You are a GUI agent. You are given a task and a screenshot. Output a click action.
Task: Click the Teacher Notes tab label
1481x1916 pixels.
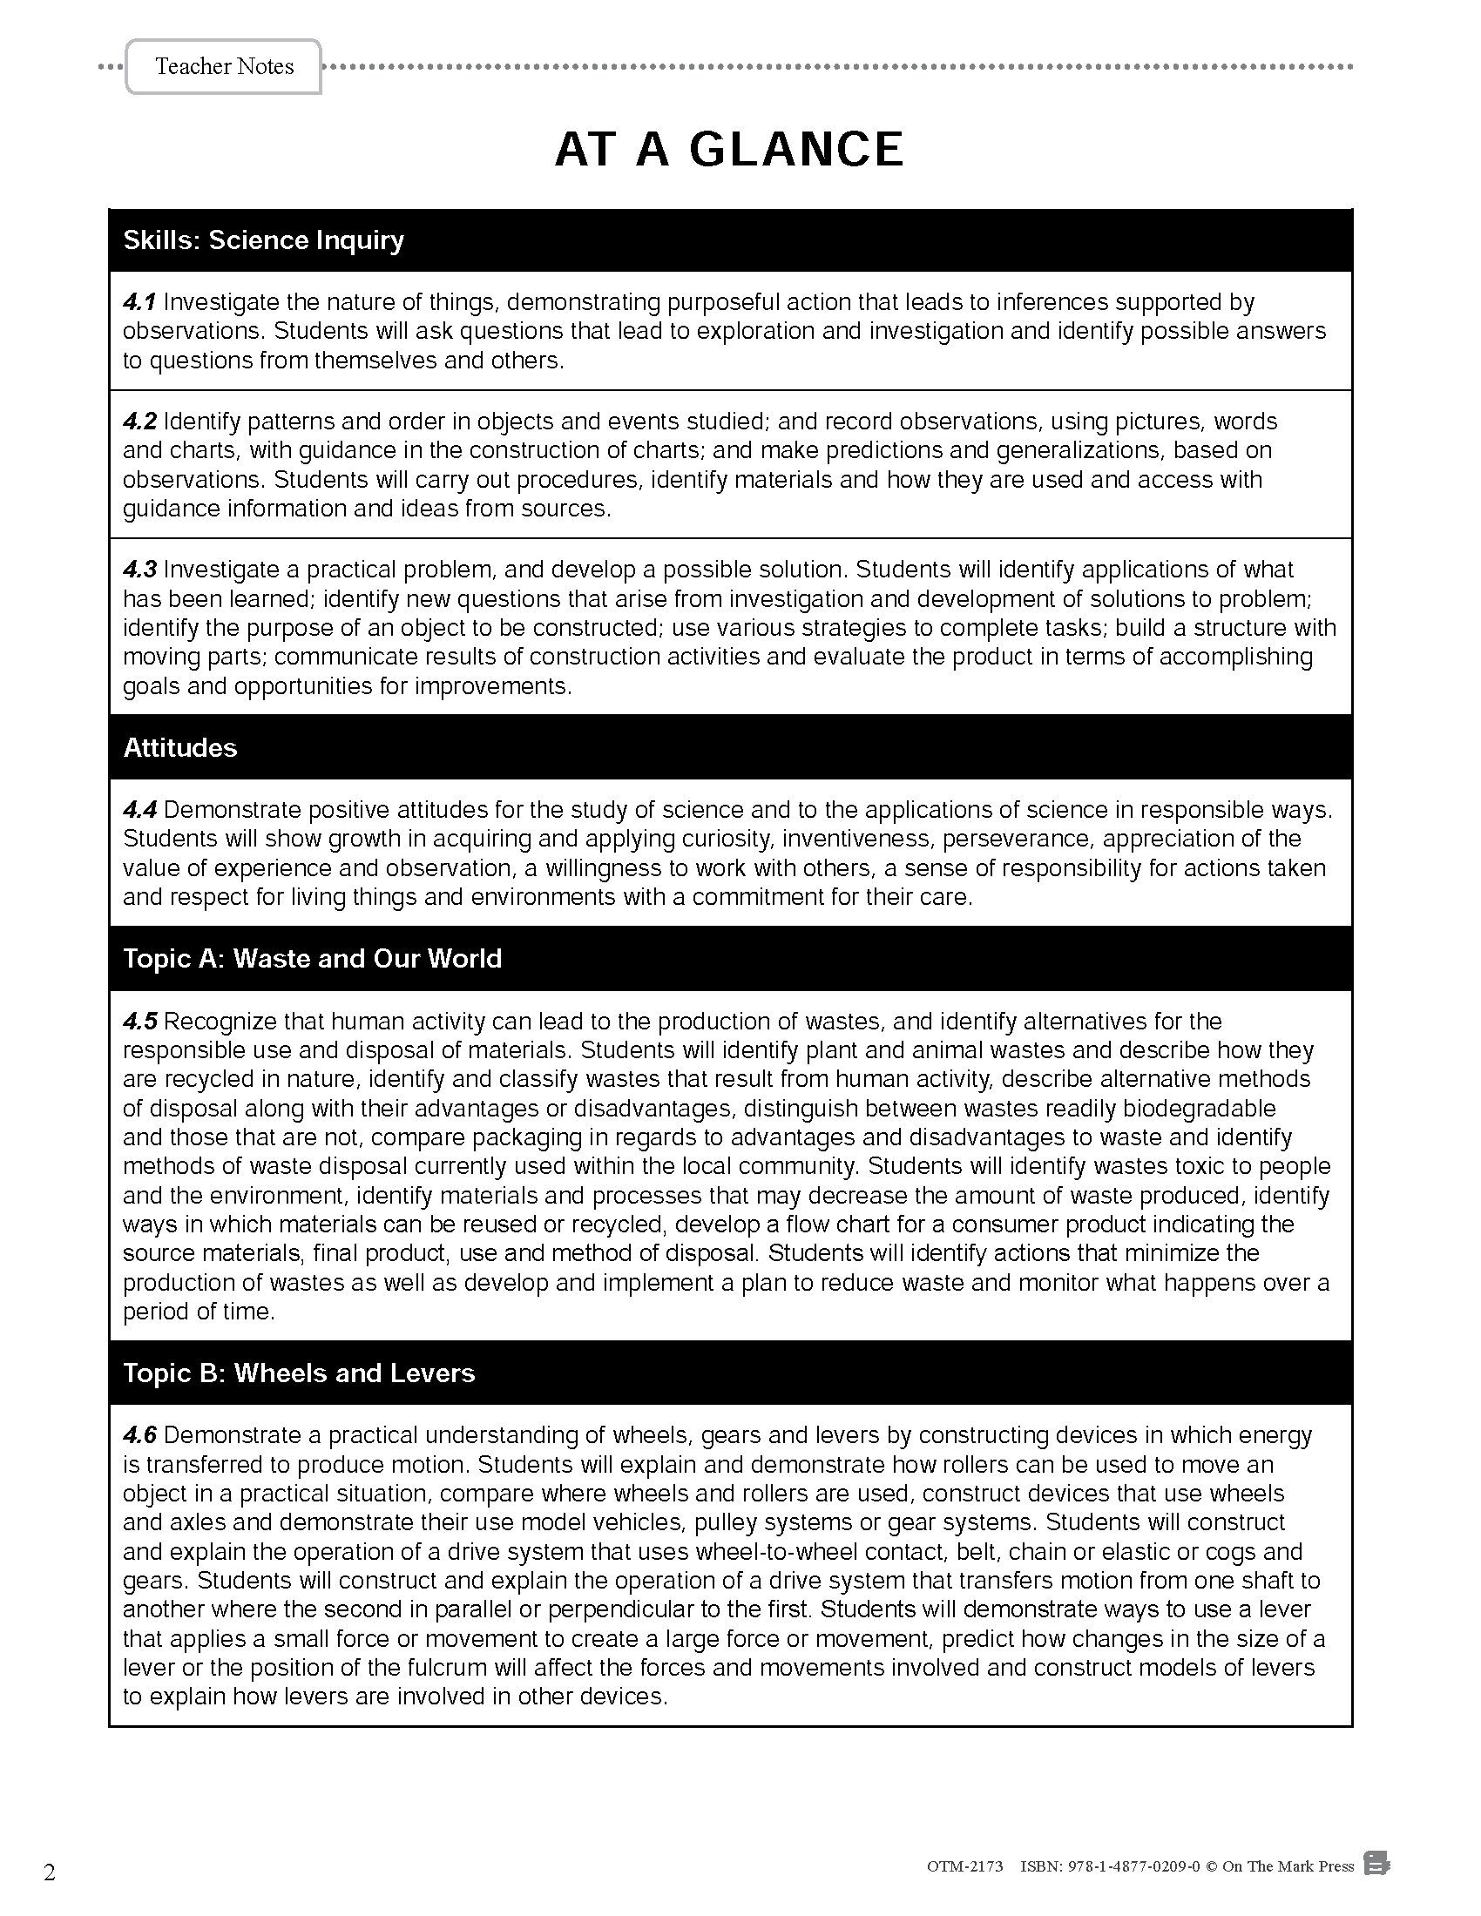click(224, 67)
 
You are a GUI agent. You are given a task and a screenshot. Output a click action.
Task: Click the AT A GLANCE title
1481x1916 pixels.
click(729, 149)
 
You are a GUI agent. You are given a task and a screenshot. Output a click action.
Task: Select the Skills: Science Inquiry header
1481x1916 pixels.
click(263, 240)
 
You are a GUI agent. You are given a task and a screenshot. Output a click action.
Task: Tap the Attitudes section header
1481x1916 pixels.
click(179, 747)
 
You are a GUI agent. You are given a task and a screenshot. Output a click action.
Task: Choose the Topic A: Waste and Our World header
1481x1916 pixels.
click(313, 958)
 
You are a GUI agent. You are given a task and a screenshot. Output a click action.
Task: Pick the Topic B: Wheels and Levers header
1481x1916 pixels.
click(298, 1373)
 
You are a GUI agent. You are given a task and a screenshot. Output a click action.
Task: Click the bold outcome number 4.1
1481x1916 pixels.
click(139, 303)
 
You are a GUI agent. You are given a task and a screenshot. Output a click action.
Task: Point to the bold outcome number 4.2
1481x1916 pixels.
click(139, 422)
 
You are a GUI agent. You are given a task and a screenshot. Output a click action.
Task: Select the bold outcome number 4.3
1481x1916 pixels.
click(139, 570)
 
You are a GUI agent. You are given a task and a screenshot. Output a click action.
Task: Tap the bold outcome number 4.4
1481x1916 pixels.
click(139, 810)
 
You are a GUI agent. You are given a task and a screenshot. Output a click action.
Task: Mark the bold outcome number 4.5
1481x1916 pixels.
click(139, 1022)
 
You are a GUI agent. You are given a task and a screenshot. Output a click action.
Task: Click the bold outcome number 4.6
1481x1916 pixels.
click(139, 1436)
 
